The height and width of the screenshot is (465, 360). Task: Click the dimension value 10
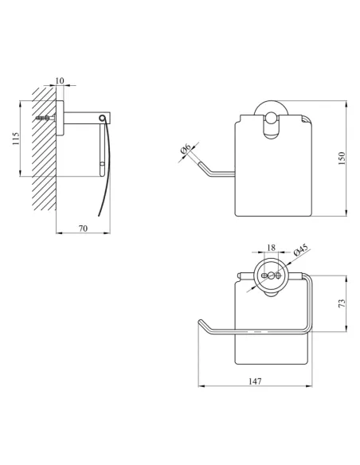[60, 80]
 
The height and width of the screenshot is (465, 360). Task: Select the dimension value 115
[15, 139]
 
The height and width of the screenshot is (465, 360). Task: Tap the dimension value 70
[84, 229]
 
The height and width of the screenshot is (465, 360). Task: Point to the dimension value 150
[342, 158]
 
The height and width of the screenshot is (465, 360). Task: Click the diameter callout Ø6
[186, 148]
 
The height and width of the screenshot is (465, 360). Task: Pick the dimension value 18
[271, 248]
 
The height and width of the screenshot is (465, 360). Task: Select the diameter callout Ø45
[301, 250]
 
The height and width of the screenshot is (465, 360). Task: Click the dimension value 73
[342, 303]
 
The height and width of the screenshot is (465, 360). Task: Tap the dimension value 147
[255, 381]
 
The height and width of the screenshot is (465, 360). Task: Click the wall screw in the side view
[45, 118]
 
